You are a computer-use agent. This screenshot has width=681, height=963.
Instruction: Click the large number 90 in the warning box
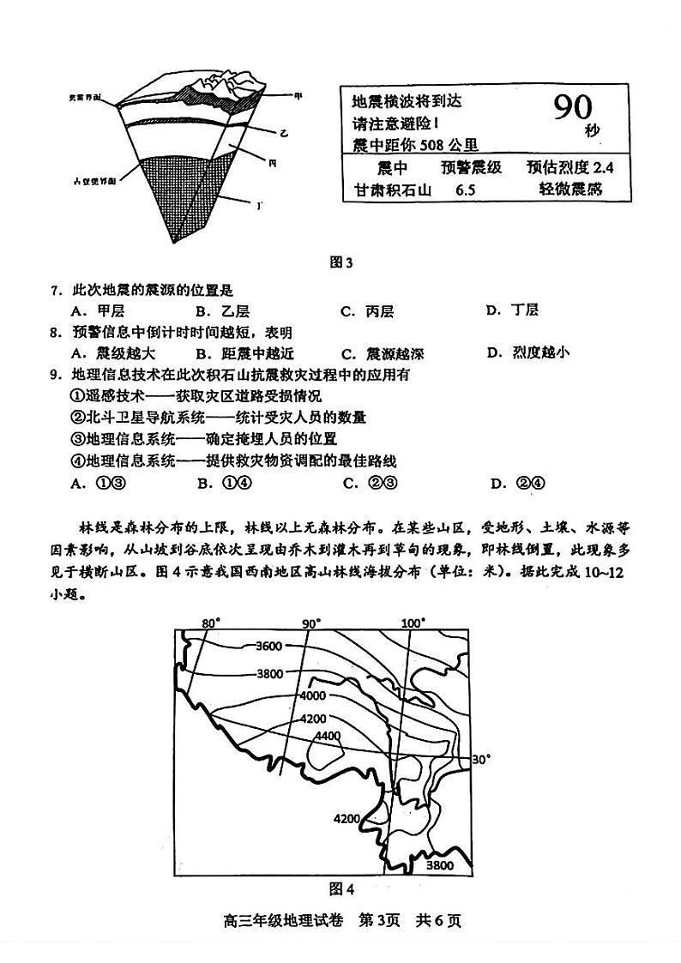click(x=572, y=107)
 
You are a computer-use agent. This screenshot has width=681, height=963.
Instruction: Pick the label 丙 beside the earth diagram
click(x=272, y=162)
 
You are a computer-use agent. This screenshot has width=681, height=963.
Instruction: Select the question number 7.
click(x=55, y=291)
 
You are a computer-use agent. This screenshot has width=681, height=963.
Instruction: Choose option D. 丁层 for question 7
click(x=512, y=310)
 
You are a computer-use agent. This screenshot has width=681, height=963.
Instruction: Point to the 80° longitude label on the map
click(x=211, y=623)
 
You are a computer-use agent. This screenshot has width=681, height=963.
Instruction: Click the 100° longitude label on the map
click(x=413, y=623)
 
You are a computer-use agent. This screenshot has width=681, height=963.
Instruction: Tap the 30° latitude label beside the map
click(x=482, y=759)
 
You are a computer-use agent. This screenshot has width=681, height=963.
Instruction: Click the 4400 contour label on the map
click(x=328, y=736)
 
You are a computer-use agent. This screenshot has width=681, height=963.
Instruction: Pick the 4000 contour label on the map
click(x=313, y=695)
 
